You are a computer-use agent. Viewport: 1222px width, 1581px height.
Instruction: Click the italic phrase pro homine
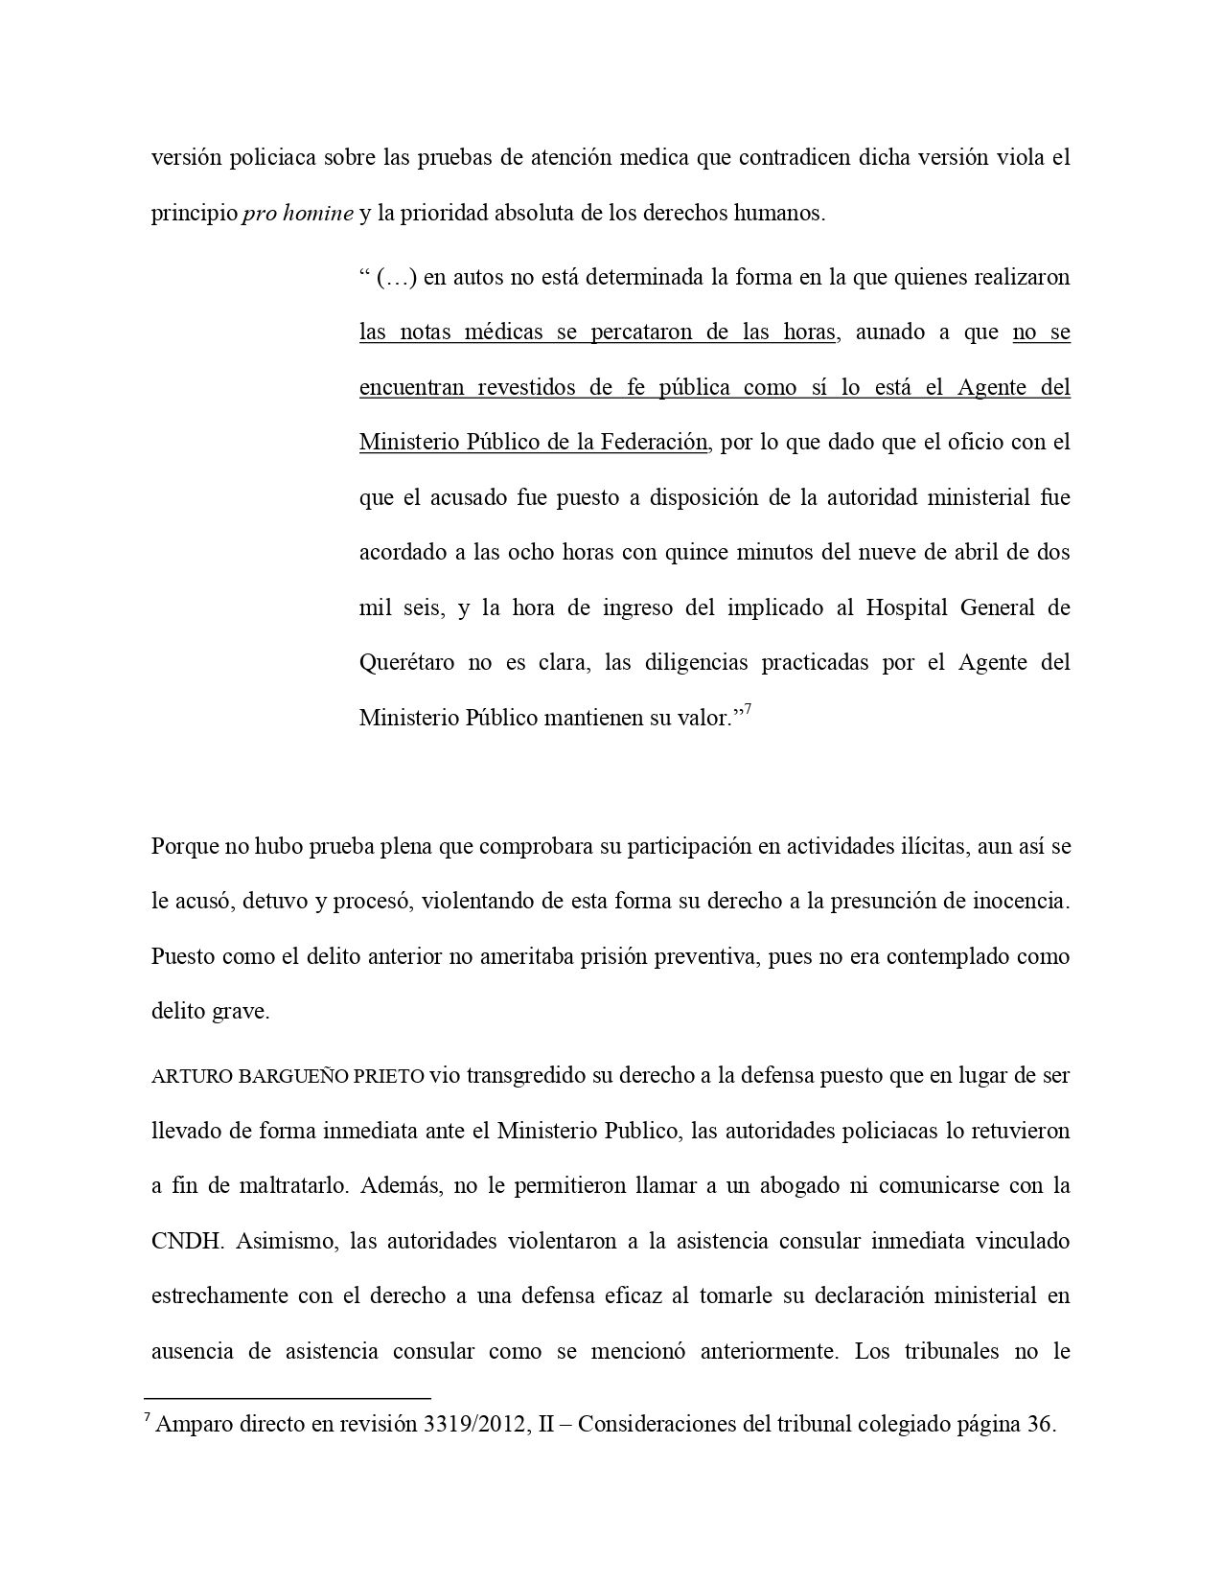(x=298, y=214)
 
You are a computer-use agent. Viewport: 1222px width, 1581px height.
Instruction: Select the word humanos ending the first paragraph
(x=782, y=214)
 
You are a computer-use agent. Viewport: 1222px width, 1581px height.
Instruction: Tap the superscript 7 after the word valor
(x=749, y=709)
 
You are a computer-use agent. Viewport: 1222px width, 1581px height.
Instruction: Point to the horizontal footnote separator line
(x=288, y=1399)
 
